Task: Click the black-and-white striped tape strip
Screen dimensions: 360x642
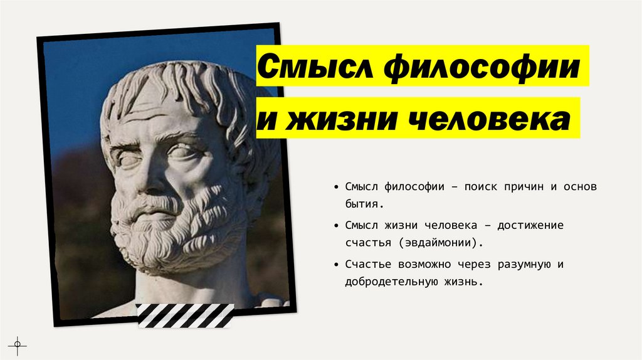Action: pos(185,315)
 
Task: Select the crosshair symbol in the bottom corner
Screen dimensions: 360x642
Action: pos(17,344)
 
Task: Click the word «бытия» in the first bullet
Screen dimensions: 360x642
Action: pos(361,204)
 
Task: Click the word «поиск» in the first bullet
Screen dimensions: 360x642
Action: pos(480,188)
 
